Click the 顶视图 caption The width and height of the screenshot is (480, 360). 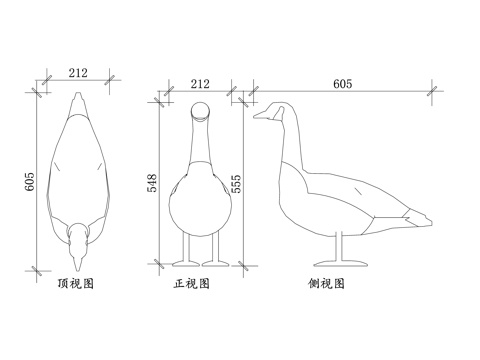click(x=76, y=284)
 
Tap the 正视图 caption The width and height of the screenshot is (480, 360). click(x=192, y=284)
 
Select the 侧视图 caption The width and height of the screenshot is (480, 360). click(x=327, y=284)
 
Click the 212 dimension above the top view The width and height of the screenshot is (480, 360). click(x=78, y=72)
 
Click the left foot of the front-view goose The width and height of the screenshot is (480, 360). click(x=186, y=262)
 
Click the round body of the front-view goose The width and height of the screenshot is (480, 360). click(x=200, y=205)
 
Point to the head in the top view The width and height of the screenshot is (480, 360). click(x=78, y=234)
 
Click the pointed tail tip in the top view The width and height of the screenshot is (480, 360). click(x=78, y=96)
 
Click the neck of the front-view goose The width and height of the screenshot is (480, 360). click(x=200, y=145)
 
